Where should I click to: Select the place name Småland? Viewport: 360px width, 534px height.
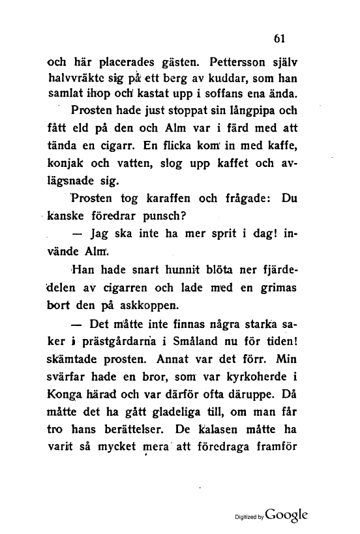[211, 342]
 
